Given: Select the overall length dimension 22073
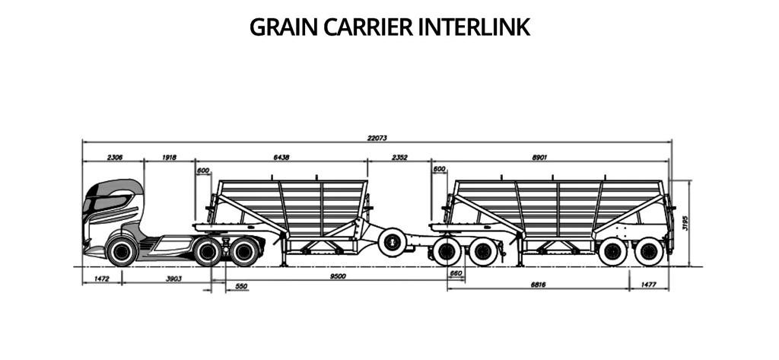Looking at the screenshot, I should (x=377, y=138).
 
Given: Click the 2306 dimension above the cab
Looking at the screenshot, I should (x=114, y=158).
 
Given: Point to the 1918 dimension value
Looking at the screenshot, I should (x=169, y=158).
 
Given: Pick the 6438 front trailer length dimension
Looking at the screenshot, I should (x=281, y=158).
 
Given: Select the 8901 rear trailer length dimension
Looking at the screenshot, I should (x=540, y=158).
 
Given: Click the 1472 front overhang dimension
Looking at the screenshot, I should (x=103, y=279).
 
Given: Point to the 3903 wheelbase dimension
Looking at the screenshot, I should (x=173, y=279).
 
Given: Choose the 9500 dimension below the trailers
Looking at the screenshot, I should (x=338, y=276).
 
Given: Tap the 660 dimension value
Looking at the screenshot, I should (x=456, y=273).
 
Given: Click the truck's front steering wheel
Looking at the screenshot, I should (x=122, y=250).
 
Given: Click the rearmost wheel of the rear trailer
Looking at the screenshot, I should (x=649, y=251).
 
